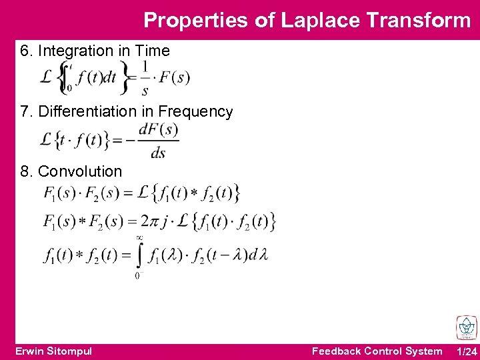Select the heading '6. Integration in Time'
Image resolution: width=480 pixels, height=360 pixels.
[x=95, y=51]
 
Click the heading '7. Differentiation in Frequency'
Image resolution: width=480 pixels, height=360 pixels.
[x=127, y=111]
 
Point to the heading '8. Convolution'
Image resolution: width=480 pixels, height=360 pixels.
[x=71, y=171]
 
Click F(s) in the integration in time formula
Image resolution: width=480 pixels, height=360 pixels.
[x=175, y=77]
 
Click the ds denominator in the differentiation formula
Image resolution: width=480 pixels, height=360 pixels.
[x=158, y=153]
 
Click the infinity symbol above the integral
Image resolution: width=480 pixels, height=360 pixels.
[x=139, y=237]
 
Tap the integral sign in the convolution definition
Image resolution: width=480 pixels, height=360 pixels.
[x=139, y=255]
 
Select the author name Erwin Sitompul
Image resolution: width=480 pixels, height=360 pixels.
[x=53, y=351]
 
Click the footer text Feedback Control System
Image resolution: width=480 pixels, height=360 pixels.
[x=377, y=351]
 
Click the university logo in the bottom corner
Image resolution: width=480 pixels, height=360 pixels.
[x=465, y=327]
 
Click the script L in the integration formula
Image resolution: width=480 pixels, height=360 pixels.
[x=46, y=77]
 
